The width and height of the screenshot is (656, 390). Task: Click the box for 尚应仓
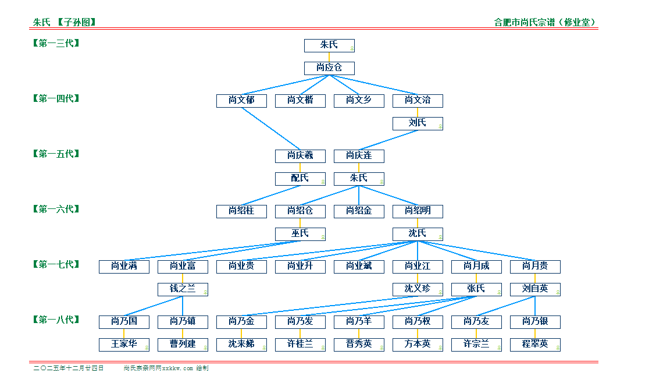click(x=329, y=68)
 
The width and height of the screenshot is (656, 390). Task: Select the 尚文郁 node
click(x=241, y=101)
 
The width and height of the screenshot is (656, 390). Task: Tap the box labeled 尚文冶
click(x=418, y=101)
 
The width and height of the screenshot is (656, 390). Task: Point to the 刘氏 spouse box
click(x=418, y=123)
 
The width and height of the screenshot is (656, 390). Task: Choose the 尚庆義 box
click(x=300, y=156)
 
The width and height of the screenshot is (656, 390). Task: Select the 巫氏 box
click(x=300, y=234)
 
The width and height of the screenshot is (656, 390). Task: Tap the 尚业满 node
click(x=124, y=267)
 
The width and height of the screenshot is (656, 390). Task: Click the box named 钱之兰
click(x=183, y=289)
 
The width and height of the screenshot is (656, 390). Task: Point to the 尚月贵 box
click(x=535, y=267)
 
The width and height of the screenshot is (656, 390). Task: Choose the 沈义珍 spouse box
click(x=418, y=289)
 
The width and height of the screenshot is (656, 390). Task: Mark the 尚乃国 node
click(x=124, y=322)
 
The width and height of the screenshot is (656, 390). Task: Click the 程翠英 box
click(x=535, y=345)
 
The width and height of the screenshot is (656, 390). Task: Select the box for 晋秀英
click(x=359, y=345)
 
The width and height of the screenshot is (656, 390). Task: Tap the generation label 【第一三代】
click(x=56, y=43)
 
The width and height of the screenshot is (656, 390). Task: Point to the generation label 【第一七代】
click(x=56, y=264)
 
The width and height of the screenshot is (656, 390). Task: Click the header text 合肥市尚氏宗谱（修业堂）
click(x=545, y=23)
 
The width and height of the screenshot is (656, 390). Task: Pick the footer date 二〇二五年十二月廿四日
click(x=69, y=368)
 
